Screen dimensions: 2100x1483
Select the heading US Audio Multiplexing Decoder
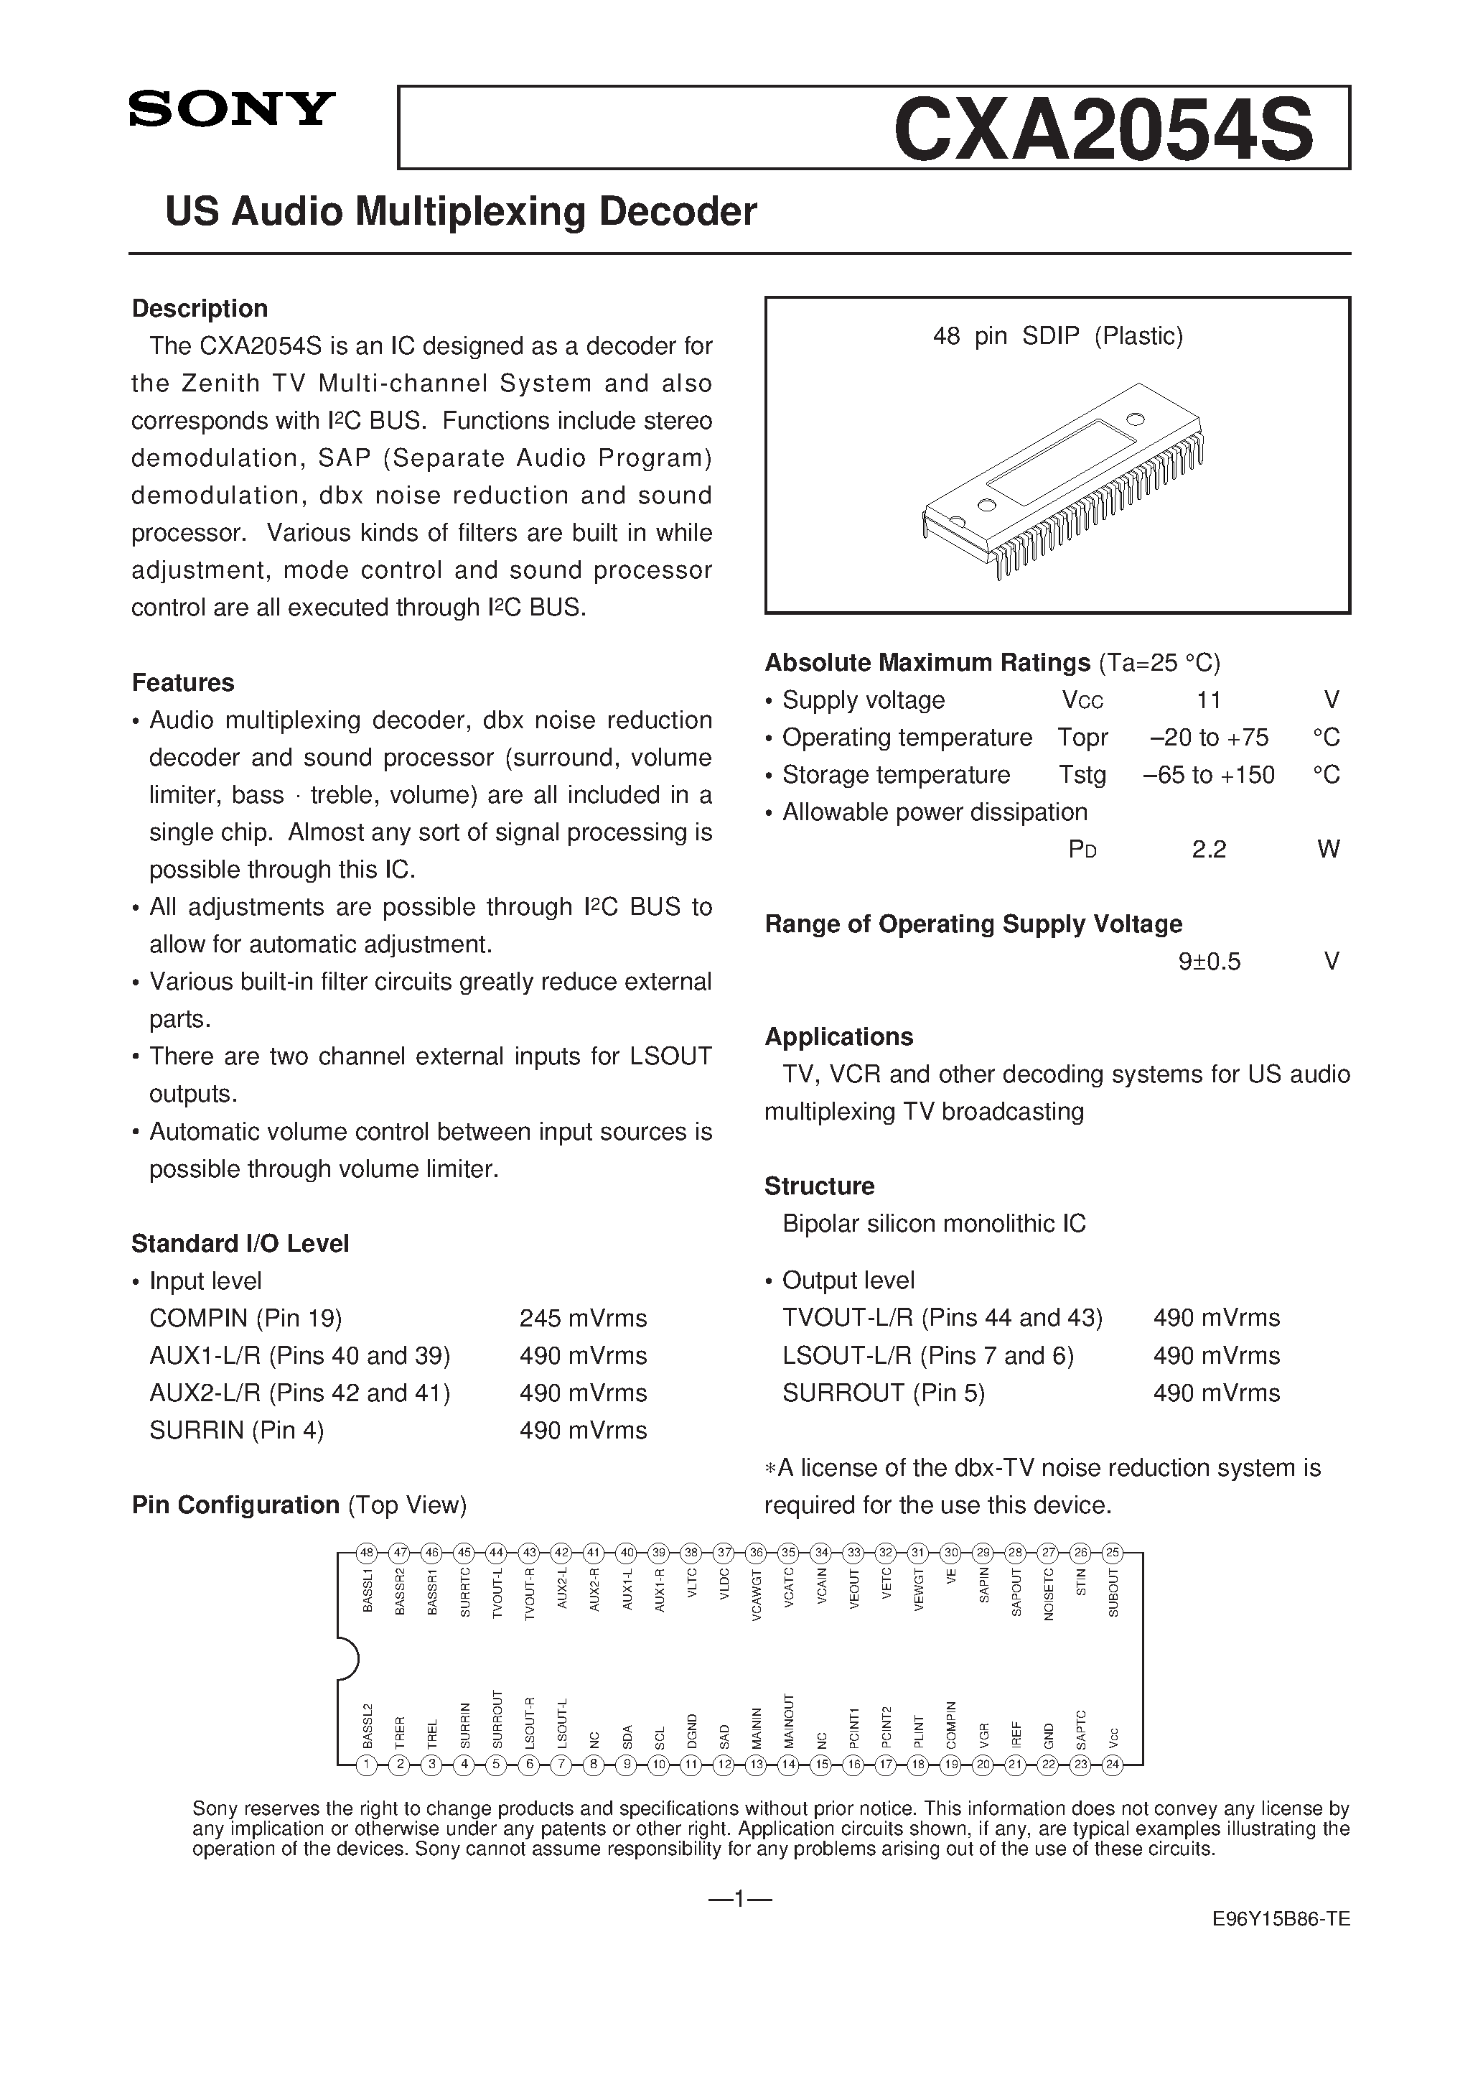point(461,212)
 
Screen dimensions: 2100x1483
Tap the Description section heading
point(200,308)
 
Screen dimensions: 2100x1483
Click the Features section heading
point(183,682)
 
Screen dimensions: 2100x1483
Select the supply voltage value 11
point(1208,701)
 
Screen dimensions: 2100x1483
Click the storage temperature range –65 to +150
point(1208,776)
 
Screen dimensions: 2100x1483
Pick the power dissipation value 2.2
point(1208,850)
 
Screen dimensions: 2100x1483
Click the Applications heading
point(838,1036)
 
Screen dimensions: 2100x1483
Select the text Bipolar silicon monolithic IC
point(933,1224)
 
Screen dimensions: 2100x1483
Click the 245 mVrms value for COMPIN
point(582,1318)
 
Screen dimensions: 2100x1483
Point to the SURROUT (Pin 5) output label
point(883,1393)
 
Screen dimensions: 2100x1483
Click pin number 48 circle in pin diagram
point(367,1552)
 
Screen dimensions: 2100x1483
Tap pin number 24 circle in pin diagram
point(1112,1766)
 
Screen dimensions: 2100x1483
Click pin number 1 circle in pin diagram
point(367,1766)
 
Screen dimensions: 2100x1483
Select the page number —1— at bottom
point(741,1899)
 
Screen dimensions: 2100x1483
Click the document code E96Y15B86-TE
point(1280,1946)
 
